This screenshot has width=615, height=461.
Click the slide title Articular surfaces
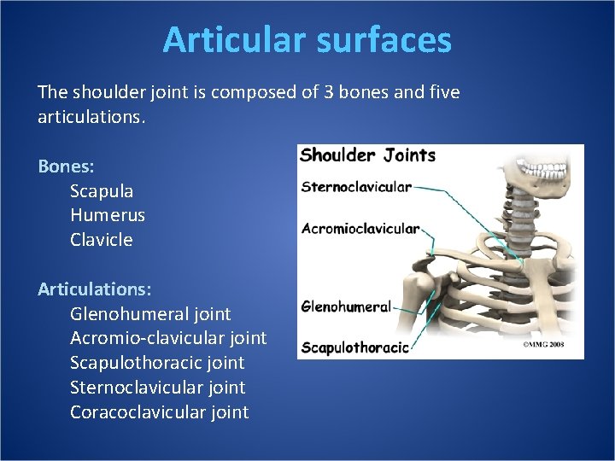307,40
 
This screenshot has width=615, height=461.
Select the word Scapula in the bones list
102,191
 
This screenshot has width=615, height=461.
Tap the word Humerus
108,216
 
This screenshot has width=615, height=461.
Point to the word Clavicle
102,241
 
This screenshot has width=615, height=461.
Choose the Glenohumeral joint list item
150,314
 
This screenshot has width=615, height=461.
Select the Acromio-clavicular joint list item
168,339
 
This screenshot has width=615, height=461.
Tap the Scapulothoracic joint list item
157,364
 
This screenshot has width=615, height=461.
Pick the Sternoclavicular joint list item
157,388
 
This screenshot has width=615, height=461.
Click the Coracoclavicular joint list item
160,413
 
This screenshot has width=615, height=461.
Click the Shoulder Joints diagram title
368,155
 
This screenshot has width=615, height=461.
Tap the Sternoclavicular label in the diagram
356,187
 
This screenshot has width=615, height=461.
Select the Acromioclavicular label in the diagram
360,229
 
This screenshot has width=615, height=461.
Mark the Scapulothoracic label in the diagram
354,347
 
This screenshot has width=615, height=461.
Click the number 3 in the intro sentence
328,92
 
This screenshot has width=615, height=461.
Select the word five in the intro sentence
442,92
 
